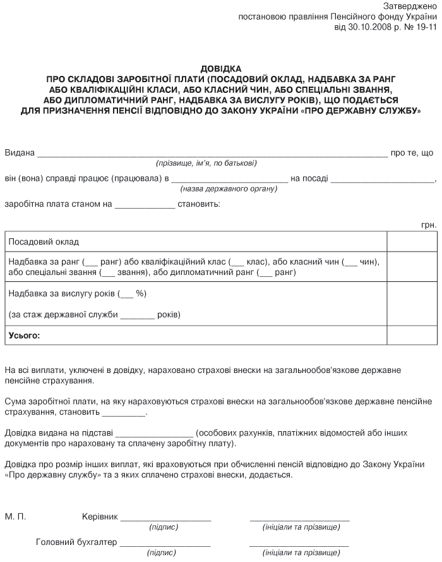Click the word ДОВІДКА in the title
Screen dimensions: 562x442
[x=220, y=68]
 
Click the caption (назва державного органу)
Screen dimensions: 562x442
[x=229, y=188]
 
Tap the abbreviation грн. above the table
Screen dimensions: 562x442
[x=428, y=225]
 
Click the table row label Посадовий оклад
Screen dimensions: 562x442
[x=44, y=242]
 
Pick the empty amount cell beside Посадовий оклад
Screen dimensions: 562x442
[x=410, y=242]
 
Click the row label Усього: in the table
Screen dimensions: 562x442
[x=23, y=335]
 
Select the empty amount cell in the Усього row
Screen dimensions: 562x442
[x=410, y=335]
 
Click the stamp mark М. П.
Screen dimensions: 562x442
[x=15, y=516]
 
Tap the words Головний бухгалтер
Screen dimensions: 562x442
[x=76, y=542]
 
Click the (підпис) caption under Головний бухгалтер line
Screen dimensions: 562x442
[x=162, y=553]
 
